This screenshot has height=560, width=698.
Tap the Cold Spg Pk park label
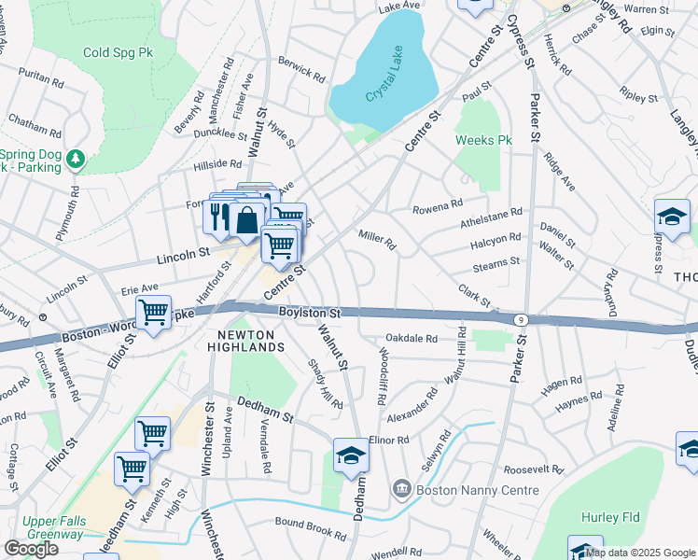[x=118, y=54]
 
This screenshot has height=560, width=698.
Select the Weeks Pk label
[x=484, y=140]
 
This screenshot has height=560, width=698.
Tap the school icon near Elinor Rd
[x=351, y=455]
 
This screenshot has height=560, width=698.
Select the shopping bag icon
[x=248, y=220]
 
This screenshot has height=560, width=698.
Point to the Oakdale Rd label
[x=412, y=339]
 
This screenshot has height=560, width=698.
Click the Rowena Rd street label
[x=438, y=204]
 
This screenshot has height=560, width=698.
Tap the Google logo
[x=31, y=548]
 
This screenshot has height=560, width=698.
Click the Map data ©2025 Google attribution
[x=640, y=553]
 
